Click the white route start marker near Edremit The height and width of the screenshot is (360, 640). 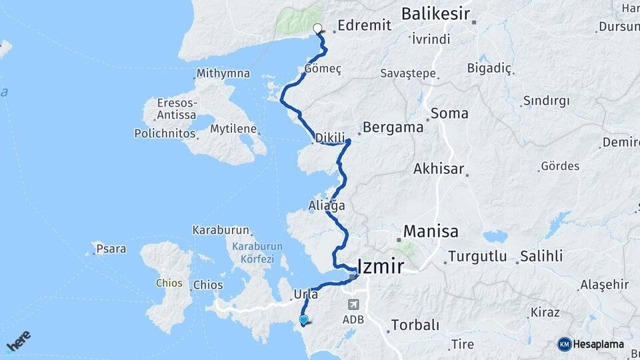[318, 29]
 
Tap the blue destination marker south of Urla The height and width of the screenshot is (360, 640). [304, 320]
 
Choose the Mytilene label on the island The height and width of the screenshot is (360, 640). [235, 129]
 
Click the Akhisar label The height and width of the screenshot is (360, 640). [439, 169]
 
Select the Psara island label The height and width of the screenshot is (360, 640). [111, 249]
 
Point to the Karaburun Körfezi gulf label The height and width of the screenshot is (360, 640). [257, 251]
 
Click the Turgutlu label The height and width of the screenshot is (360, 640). [477, 256]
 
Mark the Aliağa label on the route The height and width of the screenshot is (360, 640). [327, 206]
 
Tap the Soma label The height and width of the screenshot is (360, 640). [449, 113]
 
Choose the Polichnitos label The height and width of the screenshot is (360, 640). [165, 133]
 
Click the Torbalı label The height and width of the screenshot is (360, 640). [415, 325]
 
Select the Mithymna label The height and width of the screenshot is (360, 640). [224, 74]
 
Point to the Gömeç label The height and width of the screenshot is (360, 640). [323, 69]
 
